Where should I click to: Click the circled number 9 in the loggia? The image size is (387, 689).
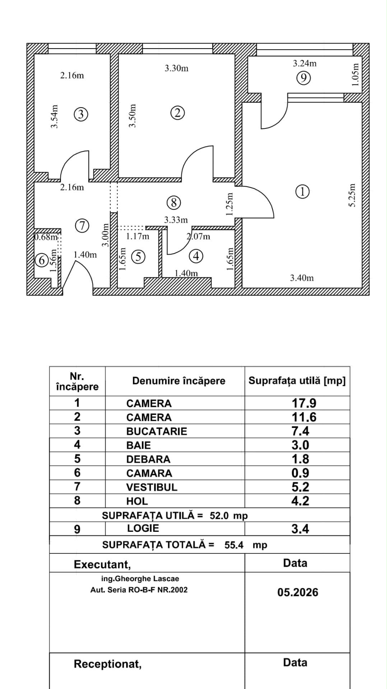coord(304,78)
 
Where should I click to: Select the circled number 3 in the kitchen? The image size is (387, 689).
coord(81,114)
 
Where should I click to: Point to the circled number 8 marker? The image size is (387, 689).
coord(174,203)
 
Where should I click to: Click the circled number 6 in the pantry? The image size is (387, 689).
coord(42,260)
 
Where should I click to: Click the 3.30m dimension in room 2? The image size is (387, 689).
coord(176,68)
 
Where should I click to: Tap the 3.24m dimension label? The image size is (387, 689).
coord(304,64)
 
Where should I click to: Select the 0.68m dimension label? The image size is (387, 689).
coord(46,237)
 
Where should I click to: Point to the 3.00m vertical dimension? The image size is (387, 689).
coord(105,235)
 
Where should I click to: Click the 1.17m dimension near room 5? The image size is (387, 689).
coord(137,236)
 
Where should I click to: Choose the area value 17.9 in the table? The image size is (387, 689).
coord(304,403)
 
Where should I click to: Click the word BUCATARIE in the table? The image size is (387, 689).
coord(157,431)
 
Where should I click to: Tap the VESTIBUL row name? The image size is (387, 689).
coord(151,487)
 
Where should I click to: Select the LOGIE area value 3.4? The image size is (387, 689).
coord(300,529)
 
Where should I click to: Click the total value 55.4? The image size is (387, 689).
coord(234,545)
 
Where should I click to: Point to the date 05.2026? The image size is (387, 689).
coord(298,592)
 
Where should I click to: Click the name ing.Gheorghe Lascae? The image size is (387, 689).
coord(140,579)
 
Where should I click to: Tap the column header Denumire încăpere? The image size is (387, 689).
coord(179,381)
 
